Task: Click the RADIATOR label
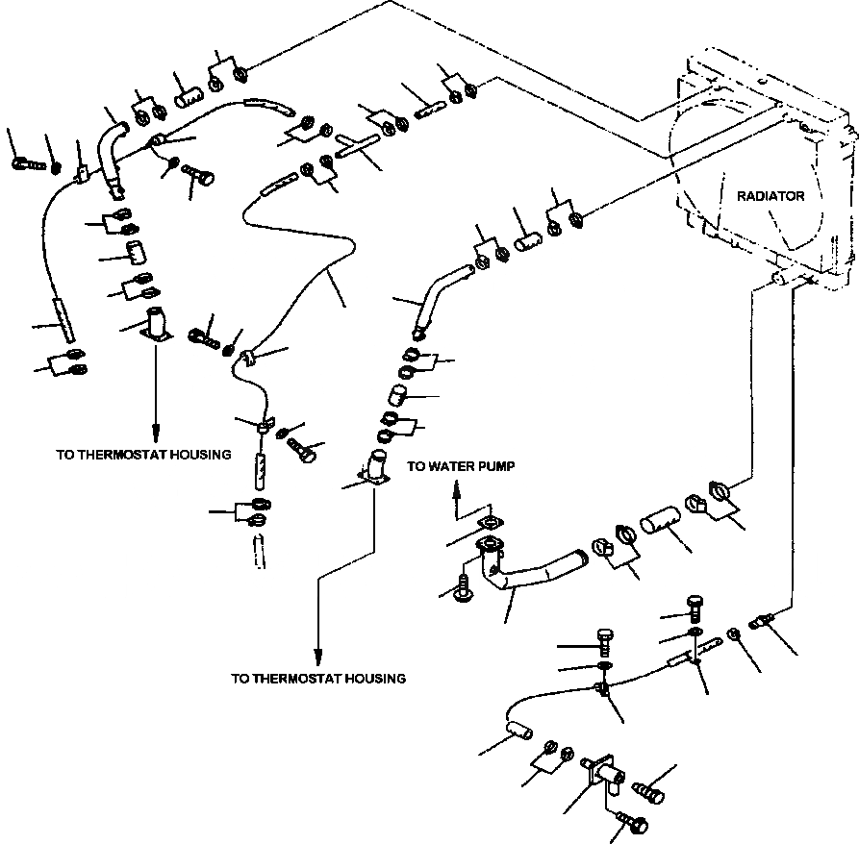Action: pyautogui.click(x=771, y=196)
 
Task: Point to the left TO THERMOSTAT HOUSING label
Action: pyautogui.click(x=143, y=455)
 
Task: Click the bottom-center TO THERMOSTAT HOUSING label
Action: pyautogui.click(x=318, y=679)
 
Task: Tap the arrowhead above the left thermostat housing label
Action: pyautogui.click(x=156, y=433)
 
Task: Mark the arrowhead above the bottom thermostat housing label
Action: pyautogui.click(x=317, y=657)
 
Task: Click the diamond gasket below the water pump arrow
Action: pyautogui.click(x=491, y=523)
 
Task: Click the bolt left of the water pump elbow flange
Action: pyautogui.click(x=464, y=590)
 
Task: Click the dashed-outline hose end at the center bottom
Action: pyautogui.click(x=259, y=551)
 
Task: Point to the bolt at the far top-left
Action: pyautogui.click(x=28, y=163)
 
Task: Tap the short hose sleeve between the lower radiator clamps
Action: pyautogui.click(x=660, y=519)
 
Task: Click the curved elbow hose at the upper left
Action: pyautogui.click(x=112, y=160)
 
